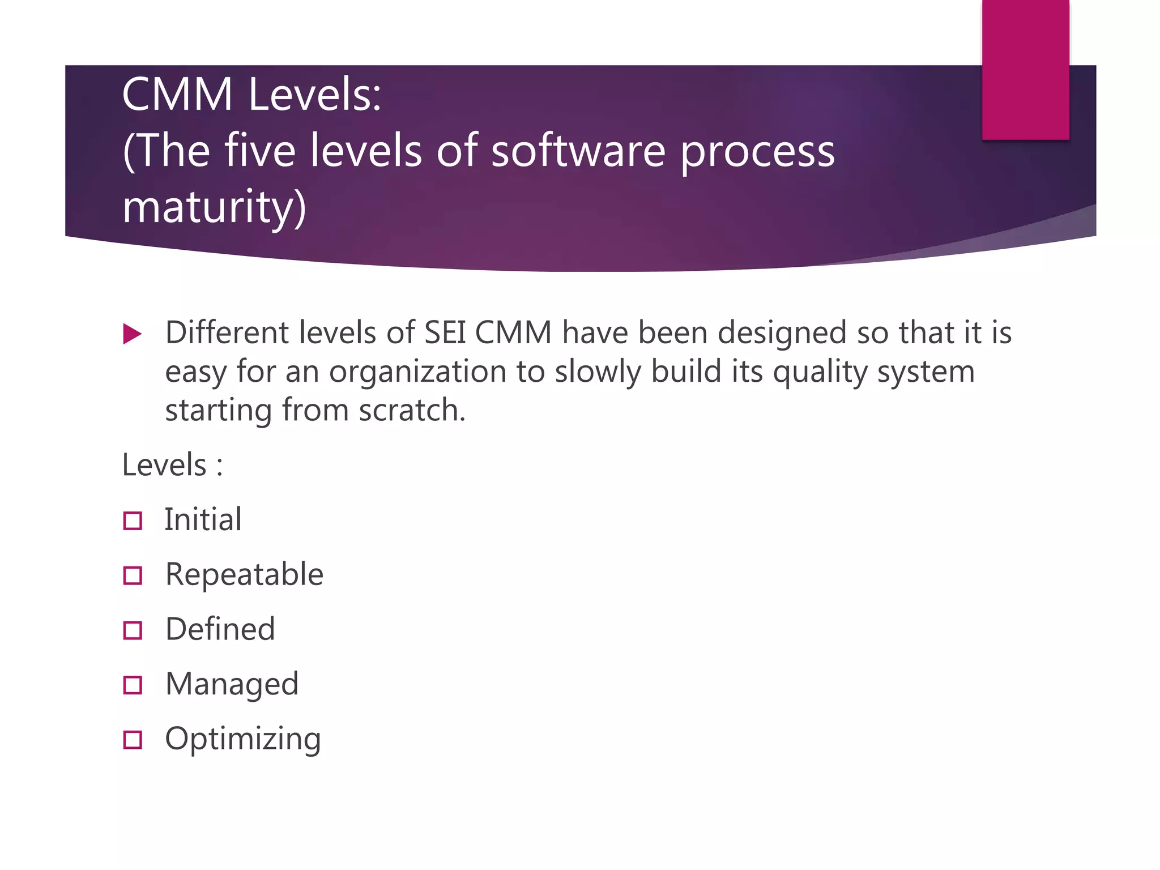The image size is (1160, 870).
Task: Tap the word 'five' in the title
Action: [x=260, y=151]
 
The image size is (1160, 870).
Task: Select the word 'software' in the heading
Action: [x=578, y=151]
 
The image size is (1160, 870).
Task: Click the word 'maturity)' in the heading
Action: [x=214, y=207]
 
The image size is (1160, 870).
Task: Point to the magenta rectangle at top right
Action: [x=1025, y=69]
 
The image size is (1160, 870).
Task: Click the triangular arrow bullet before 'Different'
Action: [x=131, y=334]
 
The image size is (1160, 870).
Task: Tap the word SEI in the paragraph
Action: [x=445, y=332]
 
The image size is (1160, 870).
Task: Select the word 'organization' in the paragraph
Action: [x=417, y=372]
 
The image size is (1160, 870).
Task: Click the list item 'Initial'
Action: [x=203, y=519]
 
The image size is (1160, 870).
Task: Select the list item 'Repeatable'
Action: [x=244, y=574]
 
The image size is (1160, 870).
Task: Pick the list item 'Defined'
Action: [x=220, y=629]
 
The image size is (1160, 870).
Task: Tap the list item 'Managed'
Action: [x=232, y=684]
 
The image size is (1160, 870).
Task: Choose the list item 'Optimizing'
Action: [x=243, y=739]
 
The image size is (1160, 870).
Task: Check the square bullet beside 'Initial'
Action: [x=133, y=521]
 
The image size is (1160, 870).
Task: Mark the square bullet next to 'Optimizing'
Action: [x=133, y=740]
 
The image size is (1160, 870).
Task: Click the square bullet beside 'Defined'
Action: [x=133, y=630]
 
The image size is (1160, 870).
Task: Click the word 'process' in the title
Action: [x=757, y=151]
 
